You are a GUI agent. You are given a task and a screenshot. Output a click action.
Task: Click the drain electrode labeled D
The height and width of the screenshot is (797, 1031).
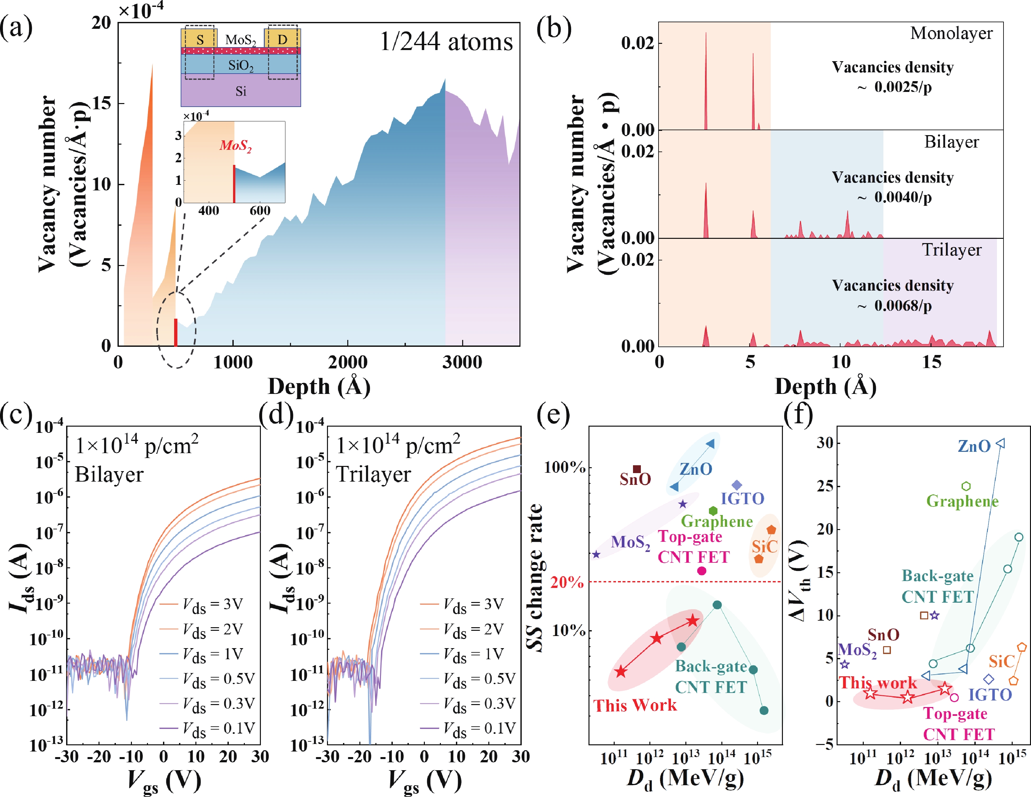click(282, 40)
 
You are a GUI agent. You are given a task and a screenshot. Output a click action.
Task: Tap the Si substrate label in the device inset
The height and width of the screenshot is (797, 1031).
click(241, 91)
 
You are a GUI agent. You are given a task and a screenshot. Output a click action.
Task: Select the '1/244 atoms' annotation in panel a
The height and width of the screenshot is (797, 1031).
click(446, 42)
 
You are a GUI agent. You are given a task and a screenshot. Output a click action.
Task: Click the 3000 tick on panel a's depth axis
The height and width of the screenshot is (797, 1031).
click(462, 363)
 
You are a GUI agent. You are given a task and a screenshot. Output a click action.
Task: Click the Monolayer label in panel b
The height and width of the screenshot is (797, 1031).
click(951, 33)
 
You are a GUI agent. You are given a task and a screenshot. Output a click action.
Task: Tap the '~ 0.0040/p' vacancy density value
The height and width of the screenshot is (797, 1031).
click(895, 197)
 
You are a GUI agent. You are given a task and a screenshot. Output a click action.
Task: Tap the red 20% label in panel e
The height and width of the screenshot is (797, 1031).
click(567, 582)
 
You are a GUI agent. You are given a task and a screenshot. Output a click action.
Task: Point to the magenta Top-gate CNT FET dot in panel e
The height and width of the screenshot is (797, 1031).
click(701, 571)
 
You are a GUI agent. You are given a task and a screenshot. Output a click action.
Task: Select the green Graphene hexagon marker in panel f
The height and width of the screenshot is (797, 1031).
click(966, 486)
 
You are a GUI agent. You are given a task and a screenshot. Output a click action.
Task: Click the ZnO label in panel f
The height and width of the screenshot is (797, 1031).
click(974, 446)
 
